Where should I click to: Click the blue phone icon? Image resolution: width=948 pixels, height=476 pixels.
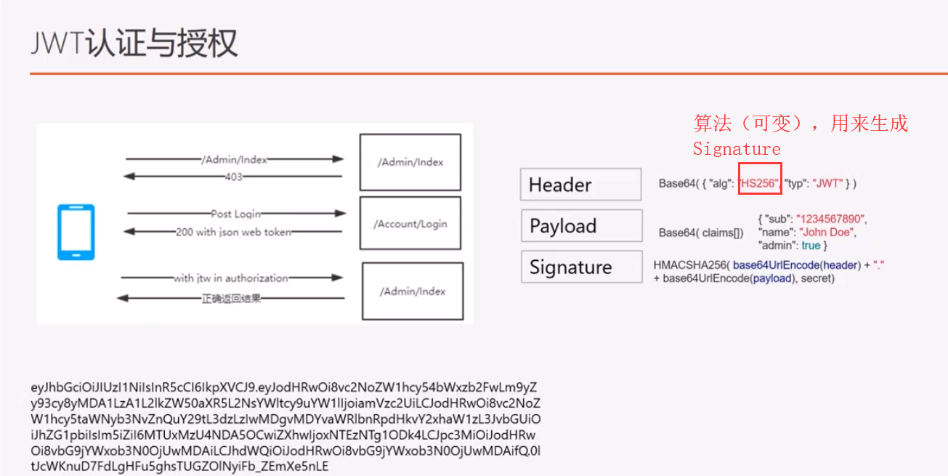(x=76, y=233)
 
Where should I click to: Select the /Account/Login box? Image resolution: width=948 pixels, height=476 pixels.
(x=410, y=224)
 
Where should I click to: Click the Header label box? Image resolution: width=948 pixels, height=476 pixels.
(x=580, y=185)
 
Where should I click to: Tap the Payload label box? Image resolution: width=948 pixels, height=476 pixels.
(x=580, y=226)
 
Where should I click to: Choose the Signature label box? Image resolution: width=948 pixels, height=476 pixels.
(x=580, y=267)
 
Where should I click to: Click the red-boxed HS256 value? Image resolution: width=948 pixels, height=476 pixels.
(x=759, y=184)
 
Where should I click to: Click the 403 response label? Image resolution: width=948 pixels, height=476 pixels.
(x=233, y=177)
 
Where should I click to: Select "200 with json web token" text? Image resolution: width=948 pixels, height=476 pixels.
(x=233, y=233)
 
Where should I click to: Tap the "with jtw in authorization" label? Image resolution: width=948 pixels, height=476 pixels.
(x=230, y=278)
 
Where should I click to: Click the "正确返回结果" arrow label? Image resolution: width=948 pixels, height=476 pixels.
(x=230, y=298)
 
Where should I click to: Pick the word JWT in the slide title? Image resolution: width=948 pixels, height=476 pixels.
(x=57, y=44)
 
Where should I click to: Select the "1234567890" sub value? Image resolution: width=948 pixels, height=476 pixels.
(x=831, y=219)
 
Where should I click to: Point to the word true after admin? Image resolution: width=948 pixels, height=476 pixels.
(x=811, y=246)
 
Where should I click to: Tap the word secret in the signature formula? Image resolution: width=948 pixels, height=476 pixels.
(x=817, y=278)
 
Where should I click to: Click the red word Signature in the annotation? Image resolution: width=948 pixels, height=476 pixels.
(x=736, y=149)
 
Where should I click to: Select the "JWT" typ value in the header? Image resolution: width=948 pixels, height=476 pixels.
(x=827, y=184)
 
